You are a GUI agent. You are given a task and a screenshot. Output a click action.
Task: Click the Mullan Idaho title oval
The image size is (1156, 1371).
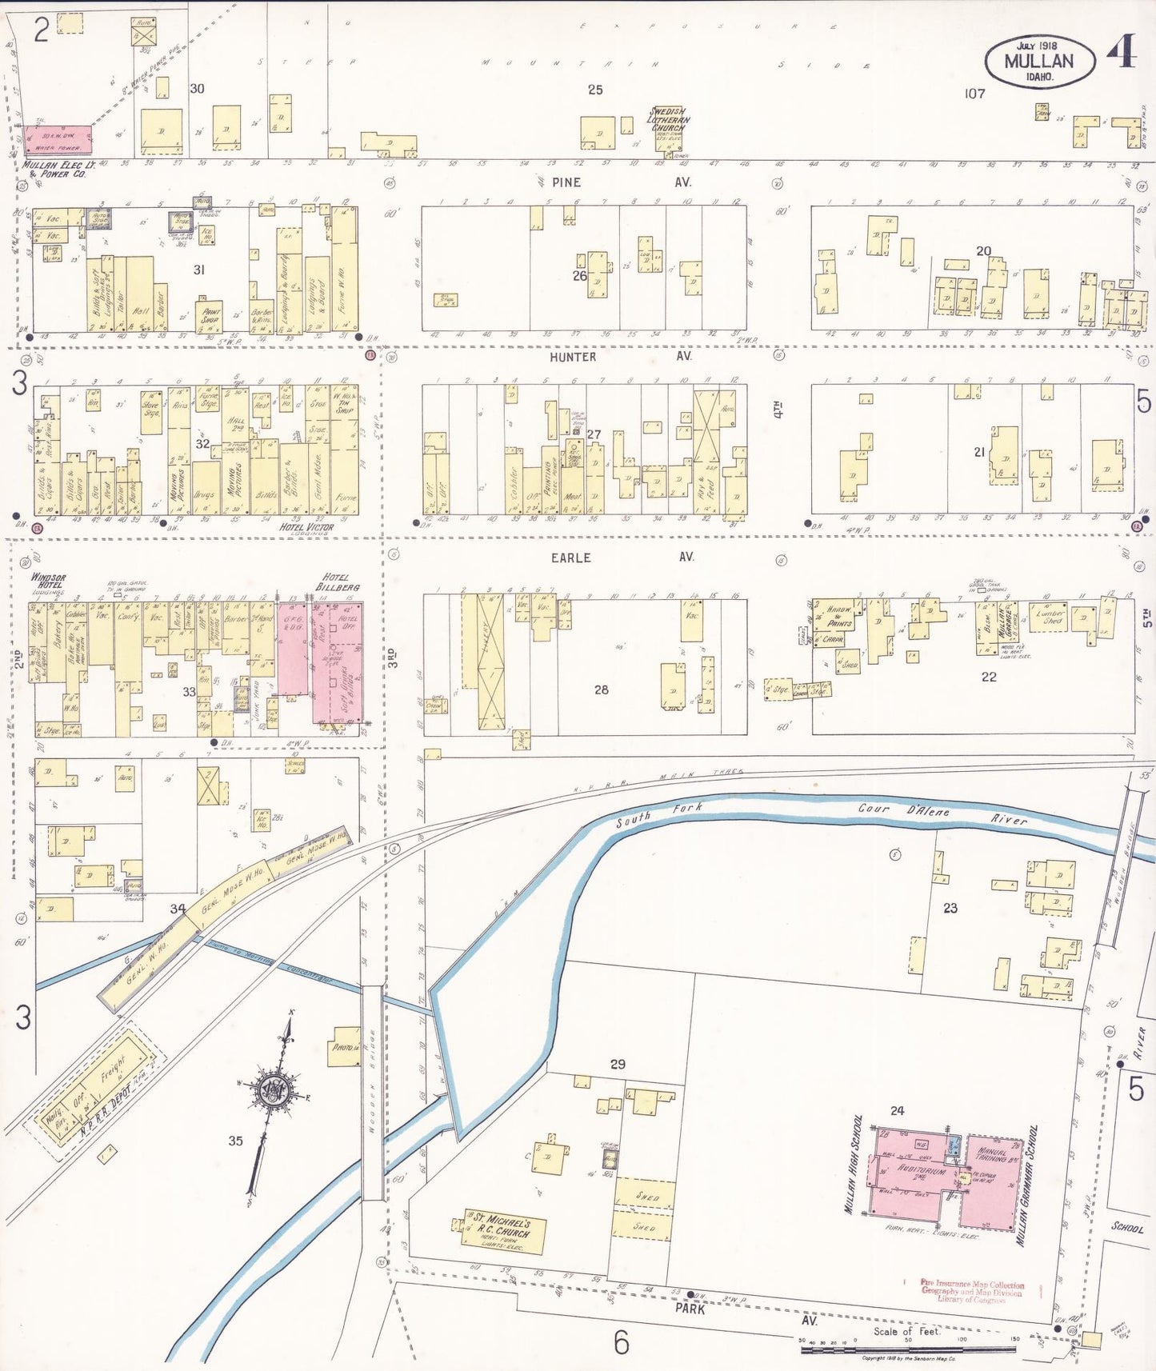click(1039, 61)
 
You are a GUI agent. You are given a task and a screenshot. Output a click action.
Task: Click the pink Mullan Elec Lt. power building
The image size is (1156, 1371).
click(57, 139)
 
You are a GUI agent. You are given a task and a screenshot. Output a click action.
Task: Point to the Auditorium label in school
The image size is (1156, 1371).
click(922, 1171)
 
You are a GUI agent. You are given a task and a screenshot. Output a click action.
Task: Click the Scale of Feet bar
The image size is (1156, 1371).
click(907, 1349)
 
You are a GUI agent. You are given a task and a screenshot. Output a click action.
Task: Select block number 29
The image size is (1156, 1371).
click(618, 1064)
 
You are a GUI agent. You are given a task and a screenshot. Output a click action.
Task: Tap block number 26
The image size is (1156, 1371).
click(579, 276)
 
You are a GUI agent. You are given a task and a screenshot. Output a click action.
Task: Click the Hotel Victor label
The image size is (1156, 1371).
click(306, 527)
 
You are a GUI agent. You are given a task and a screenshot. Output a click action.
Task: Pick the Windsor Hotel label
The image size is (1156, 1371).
click(49, 582)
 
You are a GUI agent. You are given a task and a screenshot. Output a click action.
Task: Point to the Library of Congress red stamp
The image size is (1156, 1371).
click(972, 1291)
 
